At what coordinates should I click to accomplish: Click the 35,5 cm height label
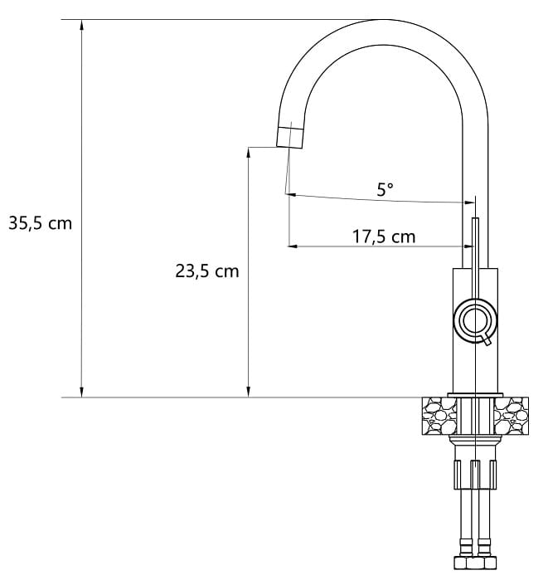click(x=41, y=223)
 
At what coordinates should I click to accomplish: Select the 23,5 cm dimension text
click(x=207, y=271)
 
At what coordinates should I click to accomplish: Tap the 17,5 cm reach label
click(x=384, y=237)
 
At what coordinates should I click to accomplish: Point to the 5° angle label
click(x=385, y=189)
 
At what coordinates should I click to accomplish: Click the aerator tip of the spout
click(x=289, y=138)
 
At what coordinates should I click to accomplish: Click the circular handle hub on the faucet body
click(x=475, y=320)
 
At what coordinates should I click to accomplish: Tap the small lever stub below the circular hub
click(x=487, y=340)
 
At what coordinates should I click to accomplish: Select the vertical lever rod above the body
click(x=475, y=258)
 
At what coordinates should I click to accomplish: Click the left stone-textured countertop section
click(x=439, y=416)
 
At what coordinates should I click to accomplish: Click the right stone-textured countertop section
click(x=511, y=416)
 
